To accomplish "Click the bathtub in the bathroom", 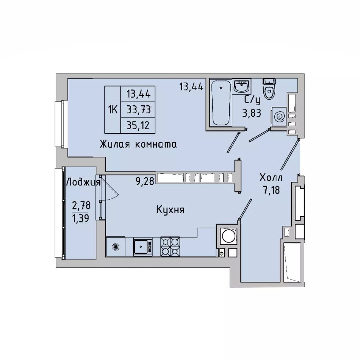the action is click(221, 102).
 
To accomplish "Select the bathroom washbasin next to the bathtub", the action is click(242, 86).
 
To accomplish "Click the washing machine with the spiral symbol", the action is click(279, 117).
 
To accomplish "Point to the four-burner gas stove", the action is click(170, 247).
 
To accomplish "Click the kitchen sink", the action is click(142, 247).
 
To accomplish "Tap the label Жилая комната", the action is click(138, 144).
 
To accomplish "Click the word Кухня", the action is click(170, 210).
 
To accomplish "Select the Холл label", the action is click(271, 178).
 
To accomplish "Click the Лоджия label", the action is click(83, 183).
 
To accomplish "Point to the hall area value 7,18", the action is click(271, 190).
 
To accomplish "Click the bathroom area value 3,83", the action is click(252, 113).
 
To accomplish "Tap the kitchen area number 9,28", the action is click(145, 181).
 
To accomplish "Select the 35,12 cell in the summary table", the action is click(138, 125).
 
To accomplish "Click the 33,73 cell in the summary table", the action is click(138, 109).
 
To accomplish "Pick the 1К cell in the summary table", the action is click(113, 110).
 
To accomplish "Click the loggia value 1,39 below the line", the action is click(81, 218).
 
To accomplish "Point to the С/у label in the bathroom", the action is click(252, 100).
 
